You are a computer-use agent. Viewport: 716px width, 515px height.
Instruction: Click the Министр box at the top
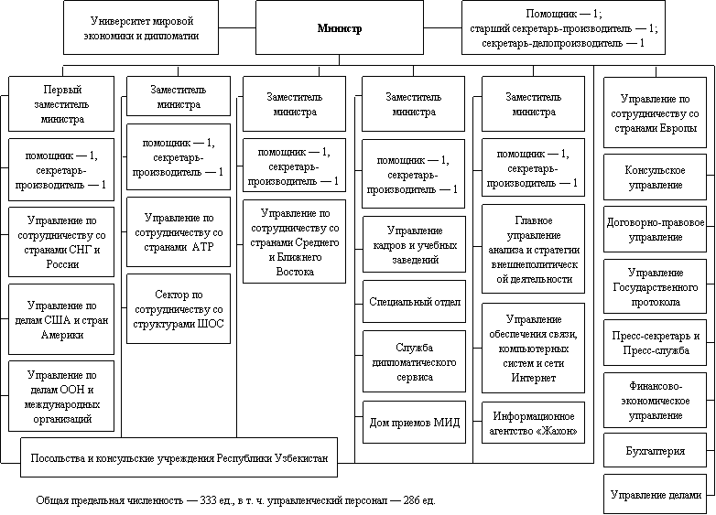tap(340, 27)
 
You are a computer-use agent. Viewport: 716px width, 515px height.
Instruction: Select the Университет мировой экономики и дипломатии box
tap(141, 27)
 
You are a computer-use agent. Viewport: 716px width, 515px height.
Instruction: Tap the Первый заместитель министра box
tap(61, 104)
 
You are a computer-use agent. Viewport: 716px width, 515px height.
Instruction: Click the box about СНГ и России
tap(61, 242)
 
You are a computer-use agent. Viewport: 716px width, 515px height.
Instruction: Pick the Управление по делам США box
tap(61, 320)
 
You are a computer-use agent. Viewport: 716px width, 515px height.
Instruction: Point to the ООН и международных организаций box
tap(61, 396)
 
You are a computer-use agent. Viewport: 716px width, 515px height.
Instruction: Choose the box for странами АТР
tap(179, 232)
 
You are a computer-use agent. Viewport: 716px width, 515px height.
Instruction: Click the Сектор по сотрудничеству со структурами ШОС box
tap(179, 309)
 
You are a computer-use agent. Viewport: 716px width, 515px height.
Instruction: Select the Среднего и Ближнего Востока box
tap(295, 241)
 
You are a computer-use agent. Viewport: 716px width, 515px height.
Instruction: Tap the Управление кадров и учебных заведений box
tap(414, 244)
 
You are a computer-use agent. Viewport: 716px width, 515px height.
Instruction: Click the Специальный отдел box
tap(414, 302)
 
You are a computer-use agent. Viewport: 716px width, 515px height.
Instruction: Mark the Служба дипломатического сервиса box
tap(414, 361)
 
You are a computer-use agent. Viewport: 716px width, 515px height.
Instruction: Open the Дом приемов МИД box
tap(414, 423)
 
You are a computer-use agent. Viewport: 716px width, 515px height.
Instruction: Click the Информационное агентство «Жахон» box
tap(534, 423)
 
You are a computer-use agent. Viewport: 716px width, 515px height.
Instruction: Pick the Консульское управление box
tap(656, 177)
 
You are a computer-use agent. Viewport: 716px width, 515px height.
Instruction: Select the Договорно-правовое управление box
tap(656, 230)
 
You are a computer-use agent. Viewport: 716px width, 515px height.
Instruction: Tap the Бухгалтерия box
tap(656, 451)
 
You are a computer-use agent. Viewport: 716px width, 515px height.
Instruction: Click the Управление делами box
tap(656, 495)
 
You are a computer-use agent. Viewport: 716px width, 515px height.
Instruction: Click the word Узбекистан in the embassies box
tap(301, 458)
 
